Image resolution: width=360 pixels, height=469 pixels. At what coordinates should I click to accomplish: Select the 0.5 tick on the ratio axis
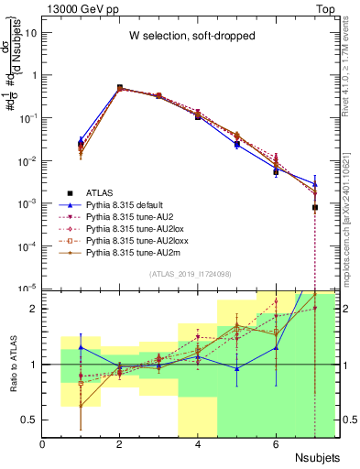coord(31,420)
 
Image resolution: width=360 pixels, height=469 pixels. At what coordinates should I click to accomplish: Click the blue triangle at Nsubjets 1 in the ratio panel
coord(82,347)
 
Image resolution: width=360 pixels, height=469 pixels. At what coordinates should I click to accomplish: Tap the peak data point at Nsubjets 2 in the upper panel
coord(120,88)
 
